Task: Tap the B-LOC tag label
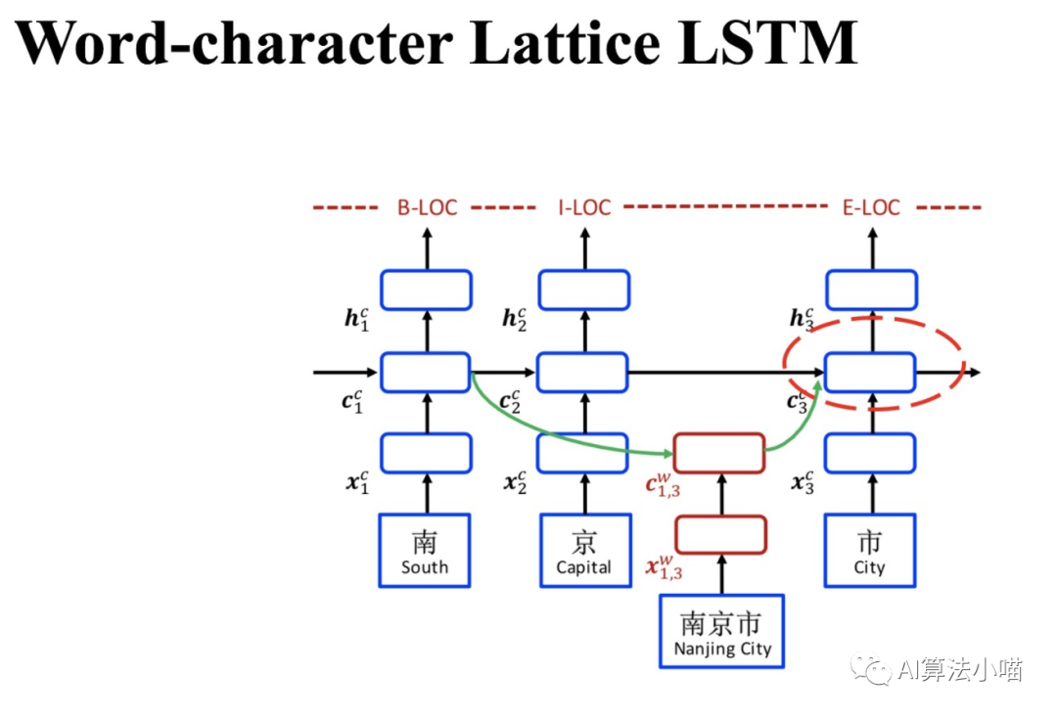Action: [427, 207]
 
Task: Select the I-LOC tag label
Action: [584, 207]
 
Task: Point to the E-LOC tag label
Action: [871, 207]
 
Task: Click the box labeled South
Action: [425, 551]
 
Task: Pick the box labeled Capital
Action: [584, 551]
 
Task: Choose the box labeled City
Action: [869, 551]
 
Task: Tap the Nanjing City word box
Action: [722, 631]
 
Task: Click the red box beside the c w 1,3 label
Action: [719, 452]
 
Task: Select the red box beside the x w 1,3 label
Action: [721, 534]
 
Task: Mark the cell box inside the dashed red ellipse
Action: [870, 373]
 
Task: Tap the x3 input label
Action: [802, 481]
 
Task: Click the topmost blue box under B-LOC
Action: [426, 290]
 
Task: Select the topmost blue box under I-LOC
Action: [584, 290]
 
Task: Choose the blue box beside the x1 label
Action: [426, 453]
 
